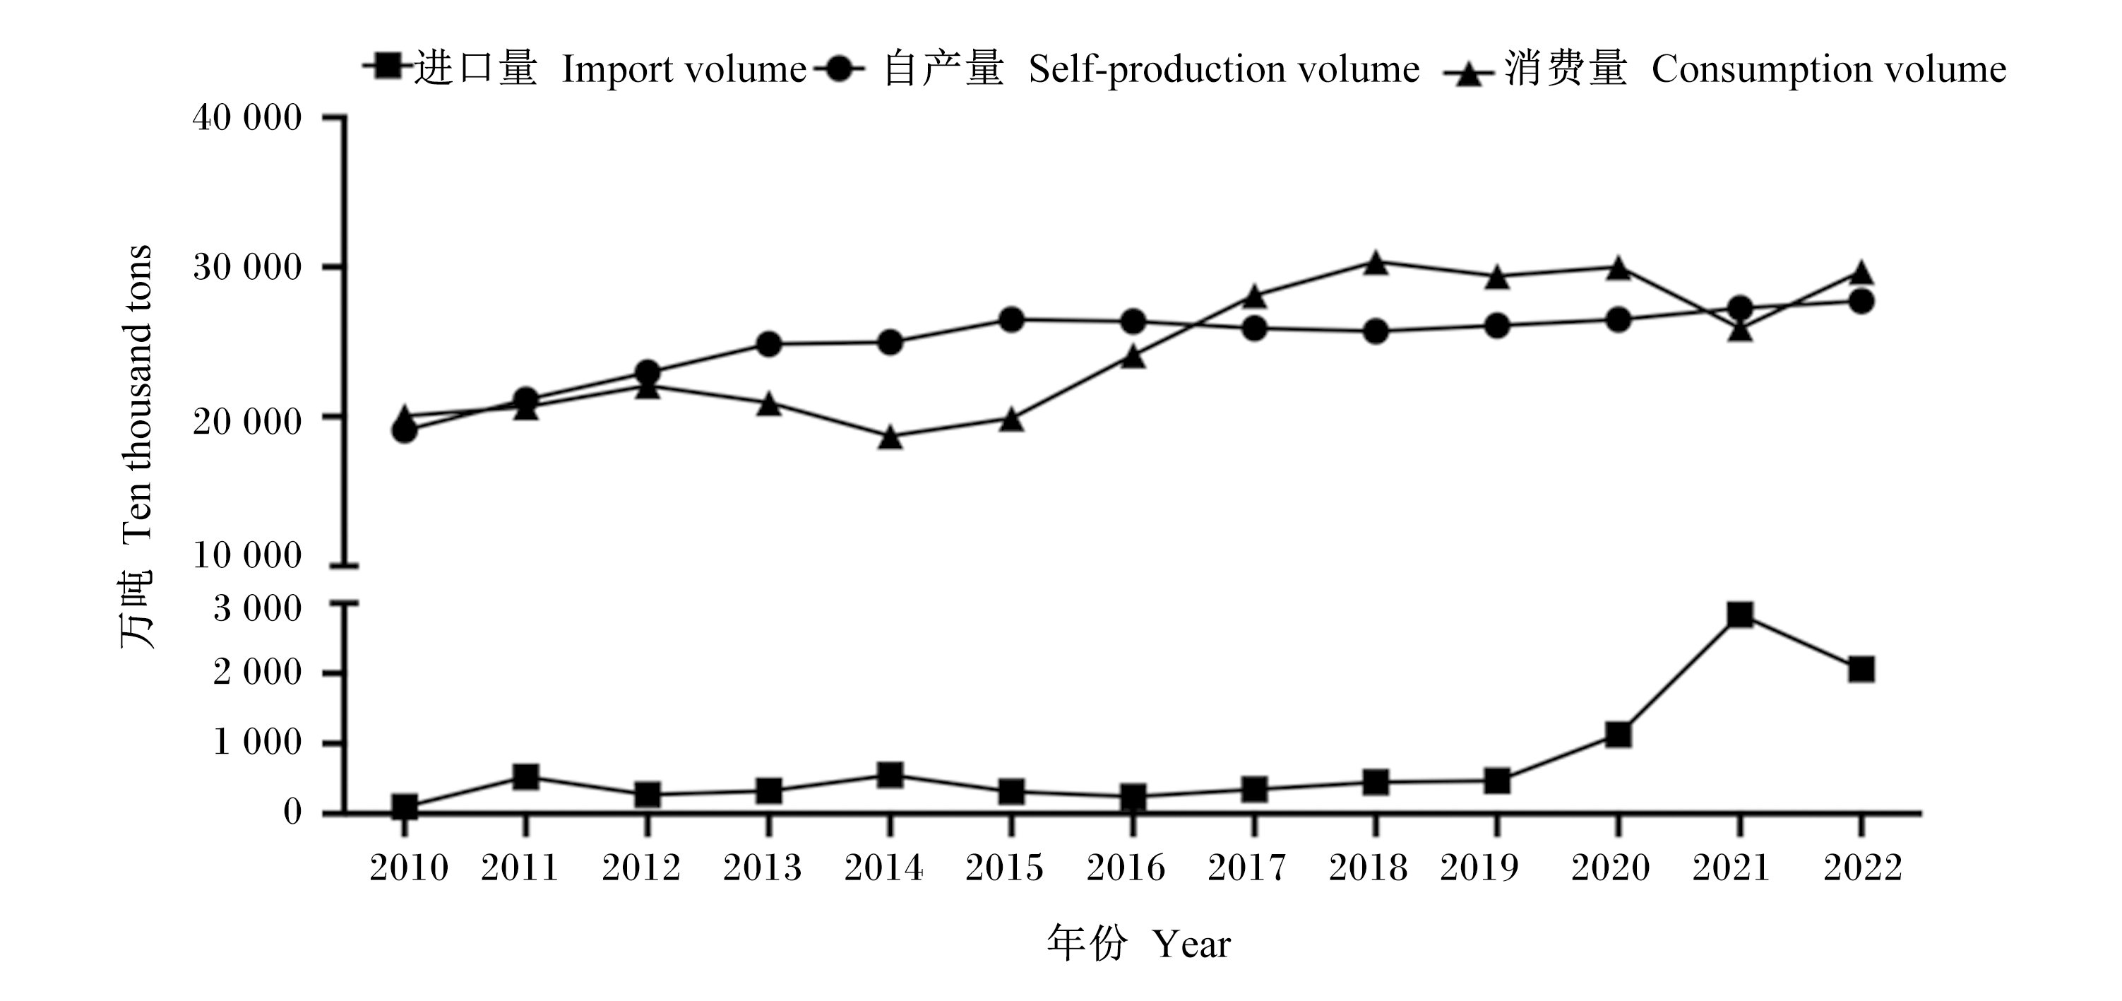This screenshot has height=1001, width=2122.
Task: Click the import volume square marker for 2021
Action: [1740, 615]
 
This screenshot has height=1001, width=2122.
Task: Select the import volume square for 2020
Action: [1618, 734]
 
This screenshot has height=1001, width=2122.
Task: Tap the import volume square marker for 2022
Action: [1861, 669]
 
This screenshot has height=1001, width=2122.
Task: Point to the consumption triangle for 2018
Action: [1375, 263]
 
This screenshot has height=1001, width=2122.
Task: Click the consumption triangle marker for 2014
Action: [890, 437]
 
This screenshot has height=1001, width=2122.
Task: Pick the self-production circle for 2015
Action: [1011, 320]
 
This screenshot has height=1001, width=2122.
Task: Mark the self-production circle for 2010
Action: [405, 430]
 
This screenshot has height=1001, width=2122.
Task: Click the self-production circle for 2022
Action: [1861, 302]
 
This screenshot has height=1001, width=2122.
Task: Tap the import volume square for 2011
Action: [525, 776]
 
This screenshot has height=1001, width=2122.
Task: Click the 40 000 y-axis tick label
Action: [247, 118]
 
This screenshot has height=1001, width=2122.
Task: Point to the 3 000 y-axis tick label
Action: [257, 608]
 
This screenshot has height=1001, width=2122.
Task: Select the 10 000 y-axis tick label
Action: [247, 555]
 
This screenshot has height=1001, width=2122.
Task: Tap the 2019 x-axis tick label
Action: [1479, 867]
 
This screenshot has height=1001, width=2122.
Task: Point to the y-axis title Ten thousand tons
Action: [138, 392]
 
